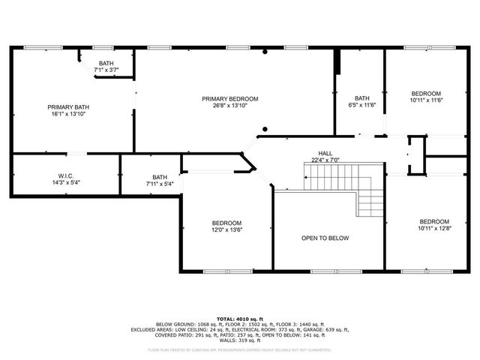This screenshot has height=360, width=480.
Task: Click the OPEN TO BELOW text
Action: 325,238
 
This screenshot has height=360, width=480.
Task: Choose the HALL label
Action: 325,153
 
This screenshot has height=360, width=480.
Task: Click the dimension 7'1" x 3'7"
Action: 106,70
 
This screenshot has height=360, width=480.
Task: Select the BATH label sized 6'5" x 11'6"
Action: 362,98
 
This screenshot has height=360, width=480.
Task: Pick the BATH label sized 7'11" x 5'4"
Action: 160,177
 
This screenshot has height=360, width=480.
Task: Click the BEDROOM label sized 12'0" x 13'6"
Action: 226,223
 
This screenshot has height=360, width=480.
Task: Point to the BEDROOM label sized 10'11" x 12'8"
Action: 434,221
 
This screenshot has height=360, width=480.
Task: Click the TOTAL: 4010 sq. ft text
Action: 240,319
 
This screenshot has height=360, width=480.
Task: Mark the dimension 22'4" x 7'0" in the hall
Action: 325,160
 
